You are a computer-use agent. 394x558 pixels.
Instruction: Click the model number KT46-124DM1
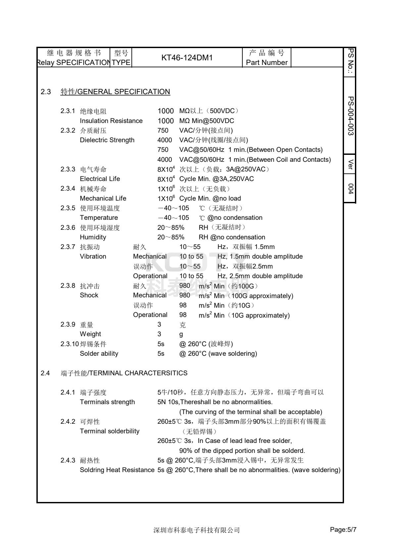tap(187, 58)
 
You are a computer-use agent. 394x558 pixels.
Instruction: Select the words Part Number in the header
tap(267, 62)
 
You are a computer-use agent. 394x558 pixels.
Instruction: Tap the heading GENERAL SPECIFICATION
tap(123, 92)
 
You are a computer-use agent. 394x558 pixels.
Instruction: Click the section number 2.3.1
tap(68, 111)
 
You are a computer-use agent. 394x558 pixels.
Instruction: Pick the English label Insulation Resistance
tap(111, 121)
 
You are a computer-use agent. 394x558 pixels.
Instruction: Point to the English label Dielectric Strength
tap(107, 140)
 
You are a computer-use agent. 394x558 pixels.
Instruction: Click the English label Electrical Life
tap(100, 179)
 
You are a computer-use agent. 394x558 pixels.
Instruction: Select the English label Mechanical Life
tap(103, 198)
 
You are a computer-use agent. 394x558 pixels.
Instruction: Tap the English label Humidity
tap(93, 237)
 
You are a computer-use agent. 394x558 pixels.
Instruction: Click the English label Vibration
tap(93, 256)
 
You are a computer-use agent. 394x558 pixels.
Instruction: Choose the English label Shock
tap(89, 295)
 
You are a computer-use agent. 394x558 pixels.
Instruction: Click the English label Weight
tap(90, 334)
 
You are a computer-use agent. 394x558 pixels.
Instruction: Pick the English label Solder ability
tap(99, 353)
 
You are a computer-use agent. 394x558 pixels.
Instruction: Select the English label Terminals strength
tap(107, 402)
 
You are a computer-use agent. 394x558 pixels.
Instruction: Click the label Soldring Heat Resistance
tap(117, 470)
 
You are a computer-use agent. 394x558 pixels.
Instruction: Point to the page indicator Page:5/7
tap(343, 530)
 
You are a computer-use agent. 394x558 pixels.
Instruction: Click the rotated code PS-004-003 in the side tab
tap(350, 116)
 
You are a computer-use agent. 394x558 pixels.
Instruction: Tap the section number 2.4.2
tap(68, 421)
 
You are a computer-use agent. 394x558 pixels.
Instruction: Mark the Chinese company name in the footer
tap(196, 530)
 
